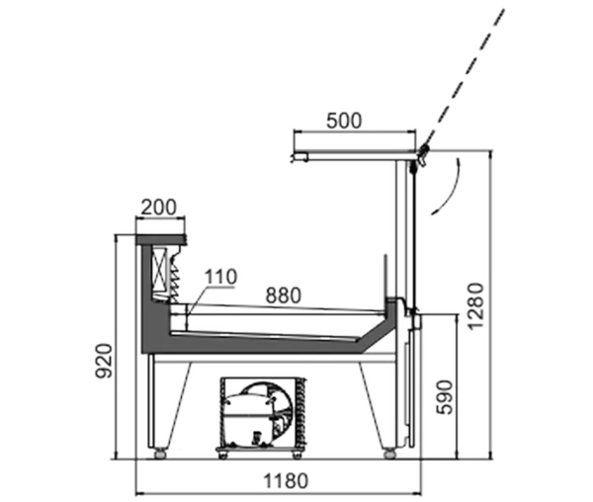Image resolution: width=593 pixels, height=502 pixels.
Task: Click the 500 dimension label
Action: (x=344, y=121)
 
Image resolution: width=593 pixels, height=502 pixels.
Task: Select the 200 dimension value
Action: (x=159, y=208)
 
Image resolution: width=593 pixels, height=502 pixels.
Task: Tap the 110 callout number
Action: (x=220, y=277)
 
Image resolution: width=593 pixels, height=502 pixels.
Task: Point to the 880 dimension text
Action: (x=284, y=295)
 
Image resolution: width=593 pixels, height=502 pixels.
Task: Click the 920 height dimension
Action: (x=104, y=361)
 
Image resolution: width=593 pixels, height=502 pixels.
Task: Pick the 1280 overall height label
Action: (x=475, y=306)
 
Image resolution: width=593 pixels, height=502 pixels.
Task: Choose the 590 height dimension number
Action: (x=445, y=397)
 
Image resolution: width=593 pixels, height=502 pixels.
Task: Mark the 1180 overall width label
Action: (x=286, y=481)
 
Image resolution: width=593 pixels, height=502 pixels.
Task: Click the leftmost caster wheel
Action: (x=160, y=454)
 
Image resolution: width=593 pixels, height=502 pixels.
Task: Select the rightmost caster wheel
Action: (x=389, y=454)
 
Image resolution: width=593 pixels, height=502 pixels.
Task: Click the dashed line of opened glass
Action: (x=466, y=77)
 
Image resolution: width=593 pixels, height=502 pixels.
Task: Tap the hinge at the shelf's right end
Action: (x=422, y=154)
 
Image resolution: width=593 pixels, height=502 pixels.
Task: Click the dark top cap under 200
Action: (x=161, y=240)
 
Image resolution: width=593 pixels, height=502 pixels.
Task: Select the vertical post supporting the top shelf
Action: (x=401, y=229)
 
